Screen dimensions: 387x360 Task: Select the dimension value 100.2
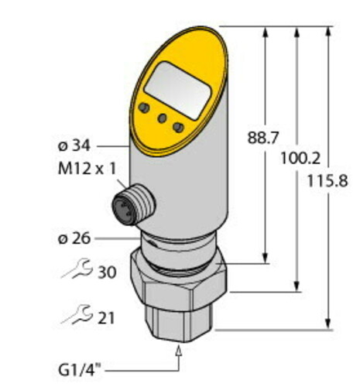tap(296, 157)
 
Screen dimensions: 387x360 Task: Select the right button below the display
tap(179, 126)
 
